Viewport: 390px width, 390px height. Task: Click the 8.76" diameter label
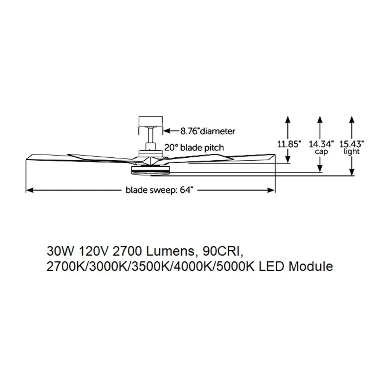pos(208,131)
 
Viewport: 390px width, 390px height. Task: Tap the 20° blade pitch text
pos(194,147)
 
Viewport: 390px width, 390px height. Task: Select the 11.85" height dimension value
pos(289,144)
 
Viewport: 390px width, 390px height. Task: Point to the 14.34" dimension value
pos(321,144)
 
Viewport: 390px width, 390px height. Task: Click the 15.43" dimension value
pos(352,144)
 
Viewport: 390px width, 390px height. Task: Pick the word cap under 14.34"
pos(321,152)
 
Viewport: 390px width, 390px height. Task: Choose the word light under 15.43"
pos(352,152)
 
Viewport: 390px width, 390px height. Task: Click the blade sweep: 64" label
pos(159,190)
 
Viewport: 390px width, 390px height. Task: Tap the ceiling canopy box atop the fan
pos(150,121)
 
